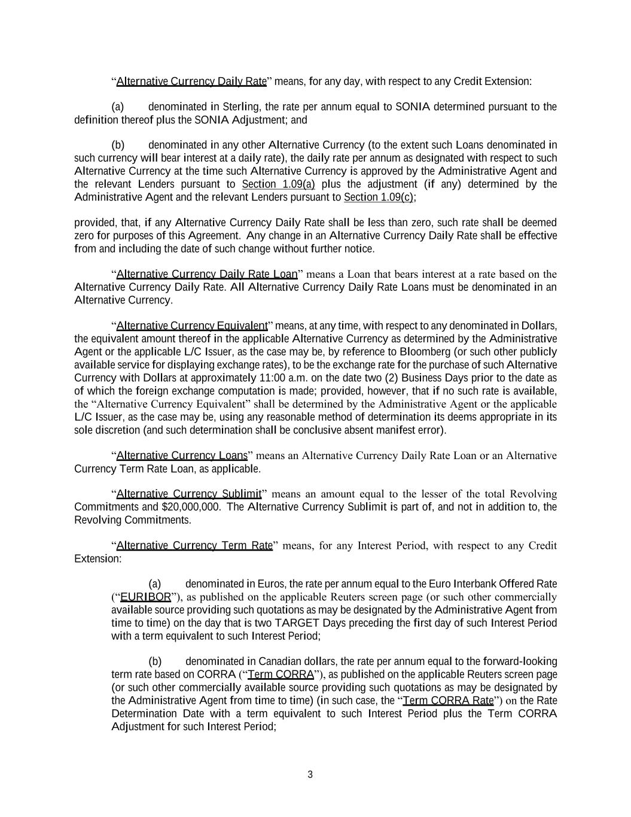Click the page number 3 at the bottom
(x=310, y=775)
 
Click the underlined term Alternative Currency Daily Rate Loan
(x=206, y=274)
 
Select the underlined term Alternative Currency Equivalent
(x=191, y=326)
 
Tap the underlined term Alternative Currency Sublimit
(x=188, y=494)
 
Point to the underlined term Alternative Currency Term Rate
(x=194, y=545)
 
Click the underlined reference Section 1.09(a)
(x=278, y=184)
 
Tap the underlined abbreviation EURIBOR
(x=145, y=597)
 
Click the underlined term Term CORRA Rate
(x=449, y=700)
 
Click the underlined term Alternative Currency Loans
(x=181, y=455)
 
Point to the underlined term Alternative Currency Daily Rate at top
(x=191, y=81)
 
